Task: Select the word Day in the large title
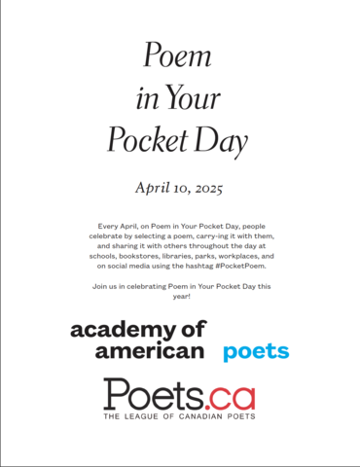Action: tap(225, 143)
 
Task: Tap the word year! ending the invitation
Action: tap(180, 298)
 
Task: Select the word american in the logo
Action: tap(136, 350)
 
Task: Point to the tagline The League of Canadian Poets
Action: tap(180, 418)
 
